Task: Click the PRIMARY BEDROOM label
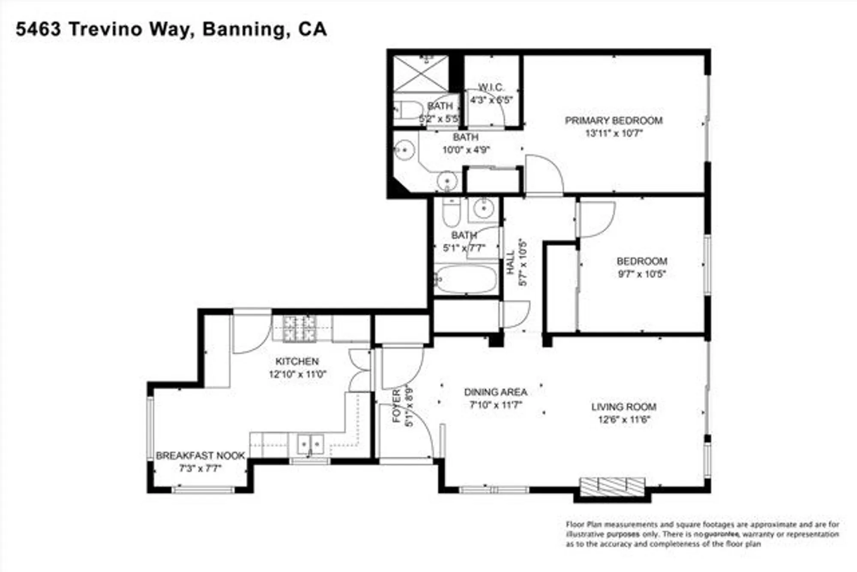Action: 614,120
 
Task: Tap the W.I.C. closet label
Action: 491,87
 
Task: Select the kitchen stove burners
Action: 300,329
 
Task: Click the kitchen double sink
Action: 310,444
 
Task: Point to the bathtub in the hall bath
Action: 466,280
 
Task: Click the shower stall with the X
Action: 421,74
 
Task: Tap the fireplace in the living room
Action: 612,486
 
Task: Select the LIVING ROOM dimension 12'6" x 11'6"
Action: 624,419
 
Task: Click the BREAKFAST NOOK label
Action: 200,455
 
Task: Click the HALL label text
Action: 510,262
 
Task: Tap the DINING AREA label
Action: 495,392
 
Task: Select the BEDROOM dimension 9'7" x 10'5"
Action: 641,274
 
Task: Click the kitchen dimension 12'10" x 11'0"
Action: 297,374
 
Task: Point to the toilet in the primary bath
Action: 408,110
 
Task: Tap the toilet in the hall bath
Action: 451,213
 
